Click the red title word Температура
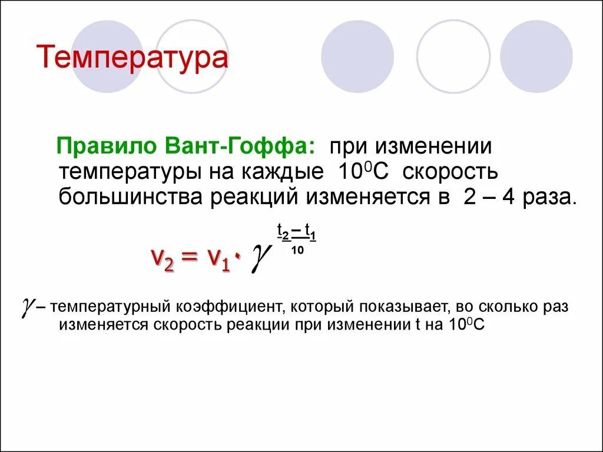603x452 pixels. click(132, 59)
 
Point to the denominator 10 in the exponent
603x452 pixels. click(297, 250)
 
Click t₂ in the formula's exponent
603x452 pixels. click(283, 235)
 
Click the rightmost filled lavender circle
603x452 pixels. click(536, 56)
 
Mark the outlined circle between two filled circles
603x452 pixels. click(453, 56)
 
